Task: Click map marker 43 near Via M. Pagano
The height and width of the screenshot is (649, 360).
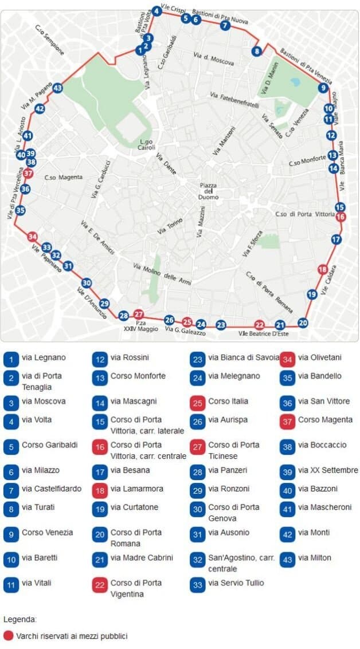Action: tap(57, 88)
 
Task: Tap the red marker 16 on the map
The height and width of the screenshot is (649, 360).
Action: tap(341, 217)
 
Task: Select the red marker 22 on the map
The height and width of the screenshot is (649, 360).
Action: tap(260, 324)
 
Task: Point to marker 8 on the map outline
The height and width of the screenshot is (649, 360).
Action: tap(257, 51)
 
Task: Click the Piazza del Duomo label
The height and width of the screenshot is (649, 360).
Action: tap(208, 191)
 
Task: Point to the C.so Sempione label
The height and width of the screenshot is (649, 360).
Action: tap(50, 40)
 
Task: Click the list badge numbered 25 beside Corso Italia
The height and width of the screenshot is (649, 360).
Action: tap(198, 402)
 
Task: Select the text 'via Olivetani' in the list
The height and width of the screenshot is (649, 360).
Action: tap(319, 357)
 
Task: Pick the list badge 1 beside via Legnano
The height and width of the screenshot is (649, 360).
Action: tap(11, 359)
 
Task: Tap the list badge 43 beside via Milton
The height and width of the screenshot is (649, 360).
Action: tap(287, 559)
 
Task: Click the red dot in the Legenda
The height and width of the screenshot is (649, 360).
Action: tap(8, 636)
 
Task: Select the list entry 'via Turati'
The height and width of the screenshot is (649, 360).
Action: tap(36, 507)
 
